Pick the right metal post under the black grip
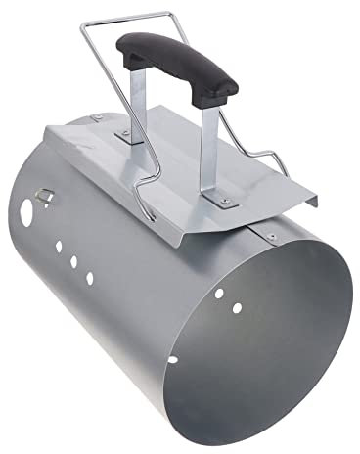point(208,157)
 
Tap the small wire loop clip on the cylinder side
point(41,195)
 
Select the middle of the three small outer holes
point(72,262)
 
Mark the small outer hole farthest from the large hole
point(89,278)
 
